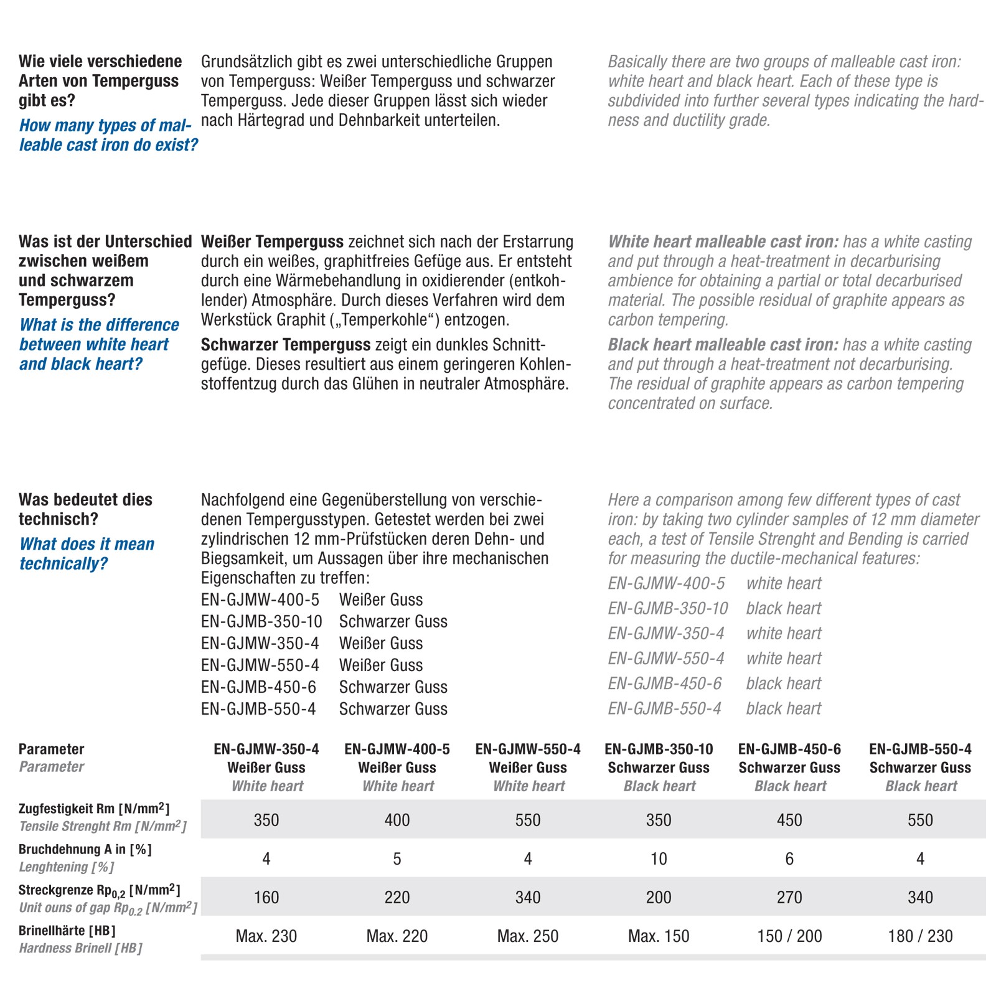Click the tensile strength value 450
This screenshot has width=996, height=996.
tap(789, 820)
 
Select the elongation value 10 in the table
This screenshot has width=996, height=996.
tap(658, 859)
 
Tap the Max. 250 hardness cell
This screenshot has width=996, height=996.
tap(527, 936)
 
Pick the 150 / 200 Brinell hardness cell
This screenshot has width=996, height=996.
tap(789, 936)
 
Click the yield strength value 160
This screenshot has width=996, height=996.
tap(266, 898)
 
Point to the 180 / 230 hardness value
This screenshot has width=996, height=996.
tap(919, 936)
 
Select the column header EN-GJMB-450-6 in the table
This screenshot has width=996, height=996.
tap(789, 749)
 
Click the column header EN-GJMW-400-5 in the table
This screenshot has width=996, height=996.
tap(397, 749)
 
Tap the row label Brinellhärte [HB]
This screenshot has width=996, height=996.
tap(67, 931)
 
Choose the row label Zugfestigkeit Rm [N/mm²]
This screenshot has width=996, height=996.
tap(93, 809)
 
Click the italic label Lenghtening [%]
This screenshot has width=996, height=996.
tap(67, 867)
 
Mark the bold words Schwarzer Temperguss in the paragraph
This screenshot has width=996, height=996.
tap(286, 345)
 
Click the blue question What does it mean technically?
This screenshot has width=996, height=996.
tap(87, 553)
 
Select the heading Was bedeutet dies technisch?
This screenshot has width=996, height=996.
tap(85, 509)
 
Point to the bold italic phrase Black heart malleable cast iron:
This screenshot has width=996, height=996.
tap(723, 345)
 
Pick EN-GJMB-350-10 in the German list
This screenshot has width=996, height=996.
tap(261, 621)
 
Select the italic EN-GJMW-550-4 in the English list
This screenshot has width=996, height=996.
tap(666, 658)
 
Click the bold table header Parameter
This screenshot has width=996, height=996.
tap(51, 749)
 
